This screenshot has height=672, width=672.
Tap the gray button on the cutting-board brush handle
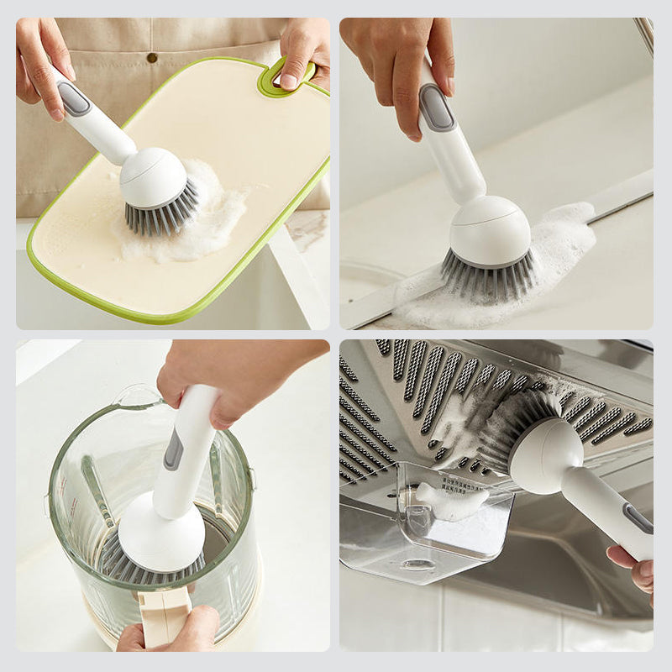[73, 98]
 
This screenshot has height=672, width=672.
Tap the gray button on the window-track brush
[436, 108]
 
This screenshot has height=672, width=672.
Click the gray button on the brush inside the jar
[173, 449]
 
